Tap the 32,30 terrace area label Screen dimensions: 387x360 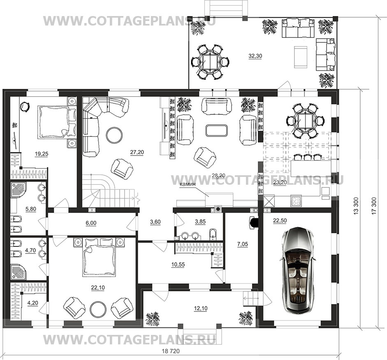click(x=255, y=56)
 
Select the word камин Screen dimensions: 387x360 click(x=188, y=184)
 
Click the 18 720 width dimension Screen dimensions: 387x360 click(x=171, y=351)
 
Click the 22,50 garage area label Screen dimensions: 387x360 click(x=280, y=221)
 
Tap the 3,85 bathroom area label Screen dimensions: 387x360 click(x=200, y=222)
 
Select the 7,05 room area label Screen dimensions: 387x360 click(x=242, y=244)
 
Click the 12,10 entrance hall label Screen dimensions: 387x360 click(x=201, y=309)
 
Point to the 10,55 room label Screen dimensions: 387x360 click(x=178, y=265)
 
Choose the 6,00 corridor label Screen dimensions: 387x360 click(x=91, y=223)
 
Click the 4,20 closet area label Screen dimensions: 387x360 click(x=32, y=303)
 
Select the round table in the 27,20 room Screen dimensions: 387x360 click(x=114, y=135)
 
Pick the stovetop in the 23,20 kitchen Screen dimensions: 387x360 click(x=296, y=200)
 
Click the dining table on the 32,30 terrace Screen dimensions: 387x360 click(x=210, y=61)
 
